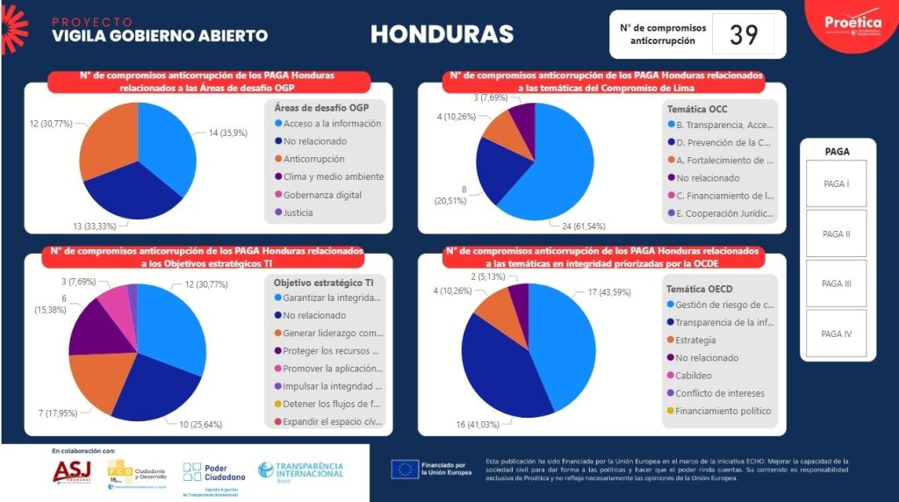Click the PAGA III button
tap(836, 283)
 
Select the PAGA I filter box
tap(836, 184)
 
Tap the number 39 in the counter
tap(744, 34)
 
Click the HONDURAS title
tap(442, 34)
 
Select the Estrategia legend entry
tap(696, 340)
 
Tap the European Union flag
tap(406, 470)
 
